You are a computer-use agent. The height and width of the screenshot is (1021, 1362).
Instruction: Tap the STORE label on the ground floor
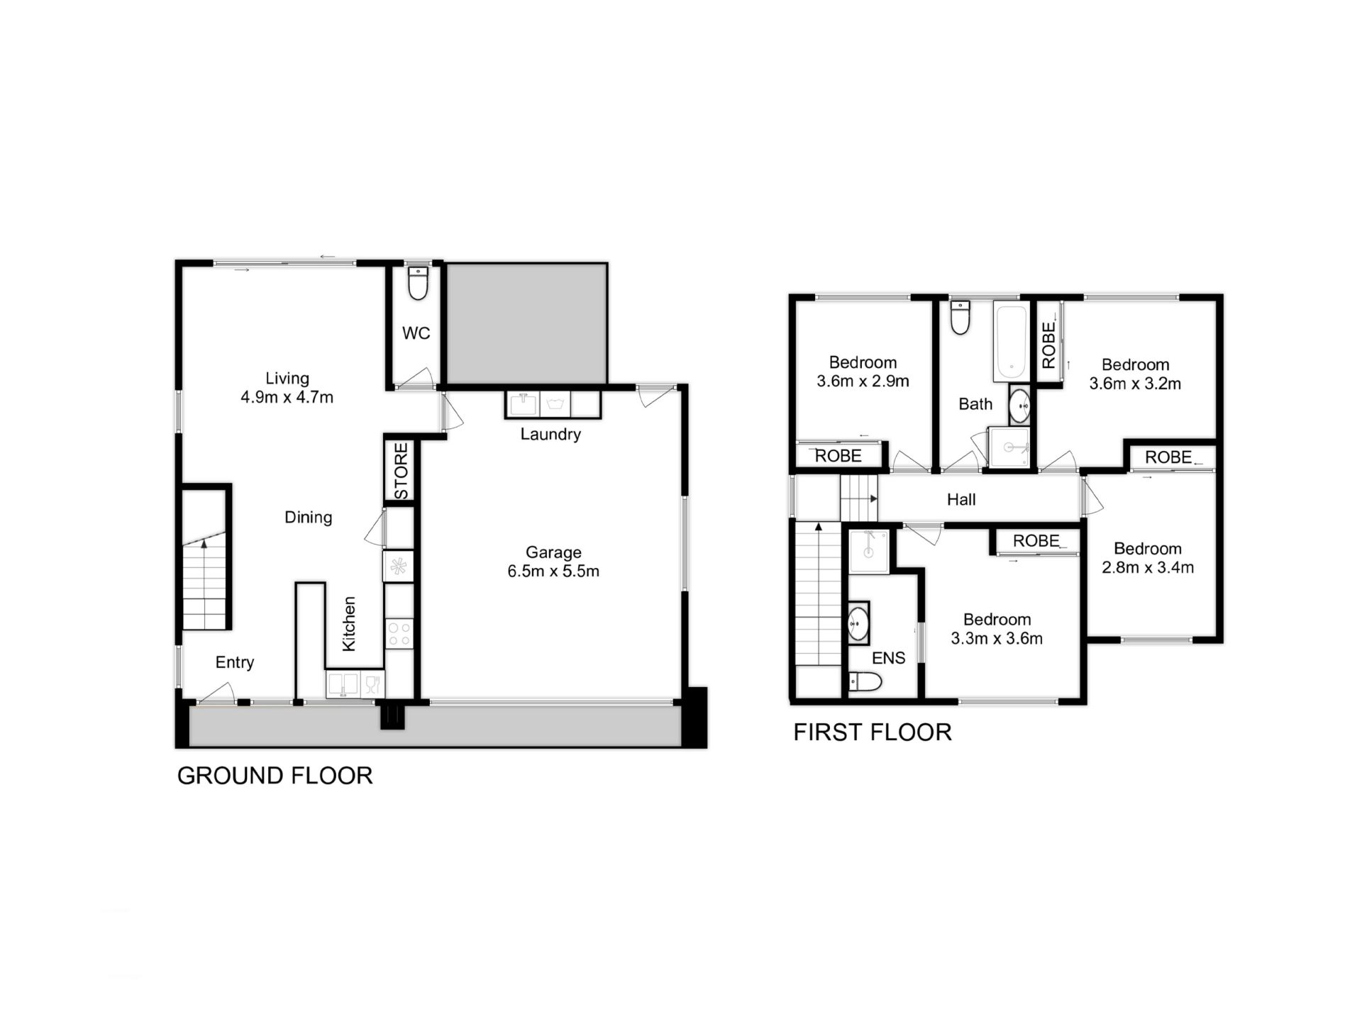point(402,471)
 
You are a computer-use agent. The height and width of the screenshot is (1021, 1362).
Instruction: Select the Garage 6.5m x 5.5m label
point(553,562)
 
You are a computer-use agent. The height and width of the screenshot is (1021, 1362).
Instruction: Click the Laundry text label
point(550,434)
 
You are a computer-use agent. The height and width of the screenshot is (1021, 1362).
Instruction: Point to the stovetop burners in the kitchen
point(399,634)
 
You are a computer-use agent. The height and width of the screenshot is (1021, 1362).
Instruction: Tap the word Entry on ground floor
point(234,662)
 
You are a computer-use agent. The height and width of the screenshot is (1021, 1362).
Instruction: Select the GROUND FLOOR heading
point(275,776)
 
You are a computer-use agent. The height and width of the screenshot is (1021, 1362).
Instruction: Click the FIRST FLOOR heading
point(872,732)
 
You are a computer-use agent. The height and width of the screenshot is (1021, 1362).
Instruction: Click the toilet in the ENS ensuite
point(865,682)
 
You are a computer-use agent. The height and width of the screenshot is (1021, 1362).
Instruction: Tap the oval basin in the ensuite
point(858,624)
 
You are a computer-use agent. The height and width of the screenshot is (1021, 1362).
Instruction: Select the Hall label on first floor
point(961,500)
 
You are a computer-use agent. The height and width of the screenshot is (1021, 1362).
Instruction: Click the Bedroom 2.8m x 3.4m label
point(1147,558)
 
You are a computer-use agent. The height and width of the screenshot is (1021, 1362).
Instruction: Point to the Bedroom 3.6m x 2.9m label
point(863,372)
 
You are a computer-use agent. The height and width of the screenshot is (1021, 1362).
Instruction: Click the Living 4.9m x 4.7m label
point(287,388)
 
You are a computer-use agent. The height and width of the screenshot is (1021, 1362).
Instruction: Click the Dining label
point(308,518)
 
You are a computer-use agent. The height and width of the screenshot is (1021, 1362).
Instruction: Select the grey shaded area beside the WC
point(526,323)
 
